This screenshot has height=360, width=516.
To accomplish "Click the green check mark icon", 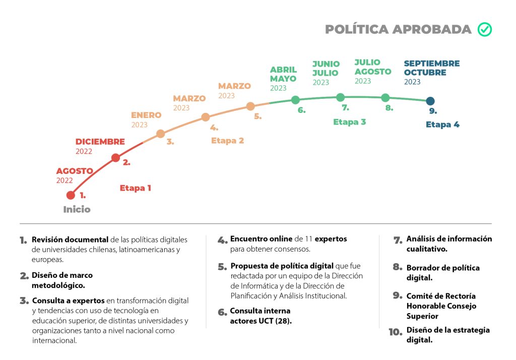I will click(x=485, y=30).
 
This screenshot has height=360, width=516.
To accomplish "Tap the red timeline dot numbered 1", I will click(x=71, y=195).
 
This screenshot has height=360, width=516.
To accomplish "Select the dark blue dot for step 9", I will click(x=430, y=101).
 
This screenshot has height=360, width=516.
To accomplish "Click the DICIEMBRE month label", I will click(x=100, y=142).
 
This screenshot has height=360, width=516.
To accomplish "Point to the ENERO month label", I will click(x=146, y=115).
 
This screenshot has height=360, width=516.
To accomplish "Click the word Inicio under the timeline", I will click(x=77, y=209).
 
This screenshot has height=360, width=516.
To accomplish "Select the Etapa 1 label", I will click(x=135, y=188).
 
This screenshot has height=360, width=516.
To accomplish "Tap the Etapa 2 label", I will click(x=227, y=141).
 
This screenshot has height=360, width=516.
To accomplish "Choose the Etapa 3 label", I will click(x=349, y=122).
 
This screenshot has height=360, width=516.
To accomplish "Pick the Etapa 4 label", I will click(x=442, y=125).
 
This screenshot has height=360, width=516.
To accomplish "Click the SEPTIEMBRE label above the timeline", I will click(x=432, y=64).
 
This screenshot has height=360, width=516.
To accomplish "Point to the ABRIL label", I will click(x=283, y=70).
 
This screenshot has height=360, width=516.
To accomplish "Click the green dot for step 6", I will click(x=295, y=100).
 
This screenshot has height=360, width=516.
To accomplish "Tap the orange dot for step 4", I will click(x=206, y=117).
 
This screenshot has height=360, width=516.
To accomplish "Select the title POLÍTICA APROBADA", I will click(x=398, y=30).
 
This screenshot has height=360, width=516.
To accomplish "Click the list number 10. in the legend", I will click(x=395, y=332).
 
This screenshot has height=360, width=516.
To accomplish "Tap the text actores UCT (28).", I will click(x=261, y=321).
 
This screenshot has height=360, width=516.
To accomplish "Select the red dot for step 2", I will click(x=115, y=158).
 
